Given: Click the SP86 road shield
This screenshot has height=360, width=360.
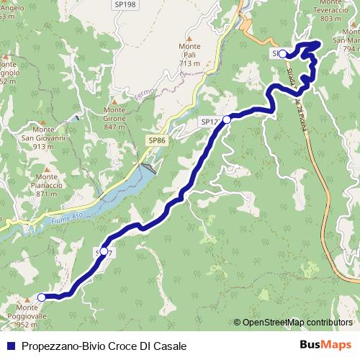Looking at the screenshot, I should [x=158, y=140].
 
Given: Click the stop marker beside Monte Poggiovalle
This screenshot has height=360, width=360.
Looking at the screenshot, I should [x=42, y=297].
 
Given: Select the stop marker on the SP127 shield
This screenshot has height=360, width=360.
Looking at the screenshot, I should [x=227, y=120].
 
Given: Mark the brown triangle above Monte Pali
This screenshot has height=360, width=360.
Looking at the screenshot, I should [x=189, y=38].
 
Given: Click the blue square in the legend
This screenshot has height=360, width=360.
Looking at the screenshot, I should [x=11, y=346].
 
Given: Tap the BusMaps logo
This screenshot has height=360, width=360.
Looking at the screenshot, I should [x=325, y=345].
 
